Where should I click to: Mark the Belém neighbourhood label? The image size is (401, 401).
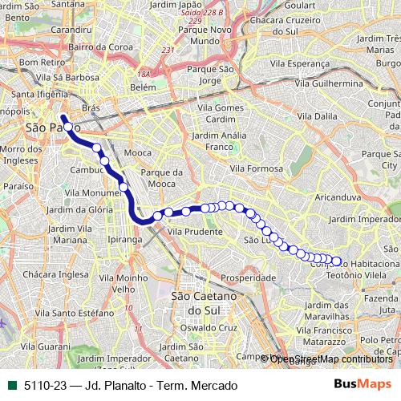pyautogui.click(x=142, y=86)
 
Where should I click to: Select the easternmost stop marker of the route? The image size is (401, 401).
pyautogui.click(x=337, y=261)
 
